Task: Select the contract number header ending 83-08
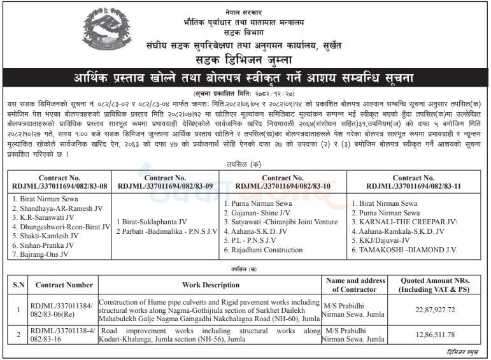pyautogui.click(x=59, y=184)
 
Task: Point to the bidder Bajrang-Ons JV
pyautogui.click(x=39, y=254)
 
